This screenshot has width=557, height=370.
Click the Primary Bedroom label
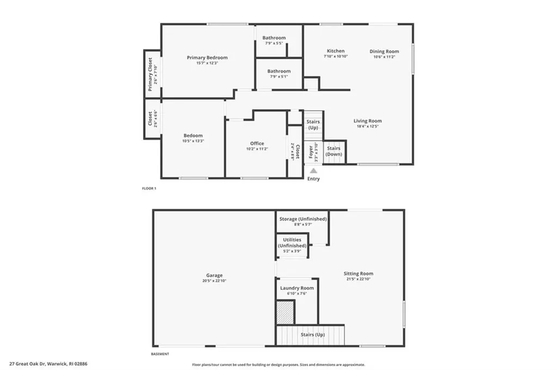tap(207, 58)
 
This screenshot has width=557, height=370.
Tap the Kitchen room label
tap(335, 51)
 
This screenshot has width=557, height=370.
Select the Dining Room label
tap(384, 52)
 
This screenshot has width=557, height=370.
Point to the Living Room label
tap(368, 121)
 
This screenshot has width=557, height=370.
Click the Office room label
tap(257, 143)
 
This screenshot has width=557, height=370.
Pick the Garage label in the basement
tap(214, 275)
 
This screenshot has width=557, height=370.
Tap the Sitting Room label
tap(358, 274)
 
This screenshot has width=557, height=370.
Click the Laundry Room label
tap(296, 288)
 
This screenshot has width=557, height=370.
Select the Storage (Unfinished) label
tap(303, 219)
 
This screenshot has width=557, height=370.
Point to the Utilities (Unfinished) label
tap(292, 242)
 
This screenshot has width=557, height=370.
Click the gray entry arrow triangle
tap(313, 171)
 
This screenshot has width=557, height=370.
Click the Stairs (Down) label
tap(333, 151)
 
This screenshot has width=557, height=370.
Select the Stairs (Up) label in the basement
tap(312, 335)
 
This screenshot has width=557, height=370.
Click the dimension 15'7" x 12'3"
tap(207, 64)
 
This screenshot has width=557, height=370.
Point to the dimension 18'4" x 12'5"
tap(368, 127)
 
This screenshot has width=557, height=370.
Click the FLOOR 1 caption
tap(149, 189)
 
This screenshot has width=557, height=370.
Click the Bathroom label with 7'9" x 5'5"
tap(274, 38)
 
